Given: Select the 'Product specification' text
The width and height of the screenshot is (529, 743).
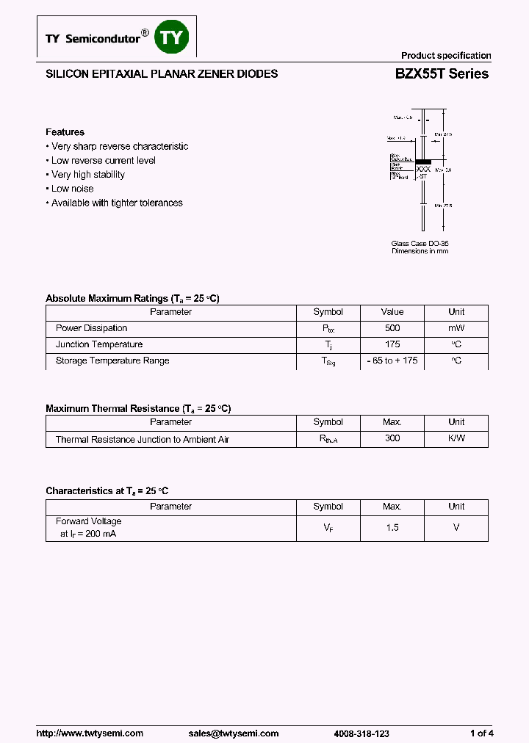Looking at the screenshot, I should [x=445, y=56].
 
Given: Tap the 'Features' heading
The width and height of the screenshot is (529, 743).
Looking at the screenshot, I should [x=65, y=132].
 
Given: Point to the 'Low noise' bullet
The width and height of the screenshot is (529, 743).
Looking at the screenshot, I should [x=72, y=189].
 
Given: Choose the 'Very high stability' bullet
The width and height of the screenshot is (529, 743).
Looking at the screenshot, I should [x=87, y=175].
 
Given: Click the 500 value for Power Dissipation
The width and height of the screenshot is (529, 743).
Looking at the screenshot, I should [x=392, y=328].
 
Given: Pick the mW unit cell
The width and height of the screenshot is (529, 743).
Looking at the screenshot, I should [x=456, y=328].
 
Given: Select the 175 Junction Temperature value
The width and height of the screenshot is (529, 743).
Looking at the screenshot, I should [x=392, y=344].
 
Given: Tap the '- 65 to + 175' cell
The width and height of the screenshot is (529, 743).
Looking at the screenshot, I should [x=392, y=360].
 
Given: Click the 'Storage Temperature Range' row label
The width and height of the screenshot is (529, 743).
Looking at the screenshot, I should [x=112, y=360].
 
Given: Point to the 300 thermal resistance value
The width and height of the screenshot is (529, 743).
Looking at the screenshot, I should [x=392, y=438].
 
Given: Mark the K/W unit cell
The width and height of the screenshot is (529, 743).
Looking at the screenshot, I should [x=456, y=438].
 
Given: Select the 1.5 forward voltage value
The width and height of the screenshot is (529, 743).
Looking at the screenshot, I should [x=392, y=528].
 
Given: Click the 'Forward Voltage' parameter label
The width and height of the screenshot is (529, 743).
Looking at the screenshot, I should [x=88, y=521].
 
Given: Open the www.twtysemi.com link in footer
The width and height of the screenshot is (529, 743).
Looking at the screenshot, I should [x=90, y=713].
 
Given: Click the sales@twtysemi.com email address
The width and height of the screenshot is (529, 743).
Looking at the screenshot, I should [x=234, y=713].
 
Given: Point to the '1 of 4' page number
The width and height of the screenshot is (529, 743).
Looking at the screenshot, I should [x=481, y=713].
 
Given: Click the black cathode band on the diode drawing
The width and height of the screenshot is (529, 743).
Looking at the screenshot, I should [x=422, y=160].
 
